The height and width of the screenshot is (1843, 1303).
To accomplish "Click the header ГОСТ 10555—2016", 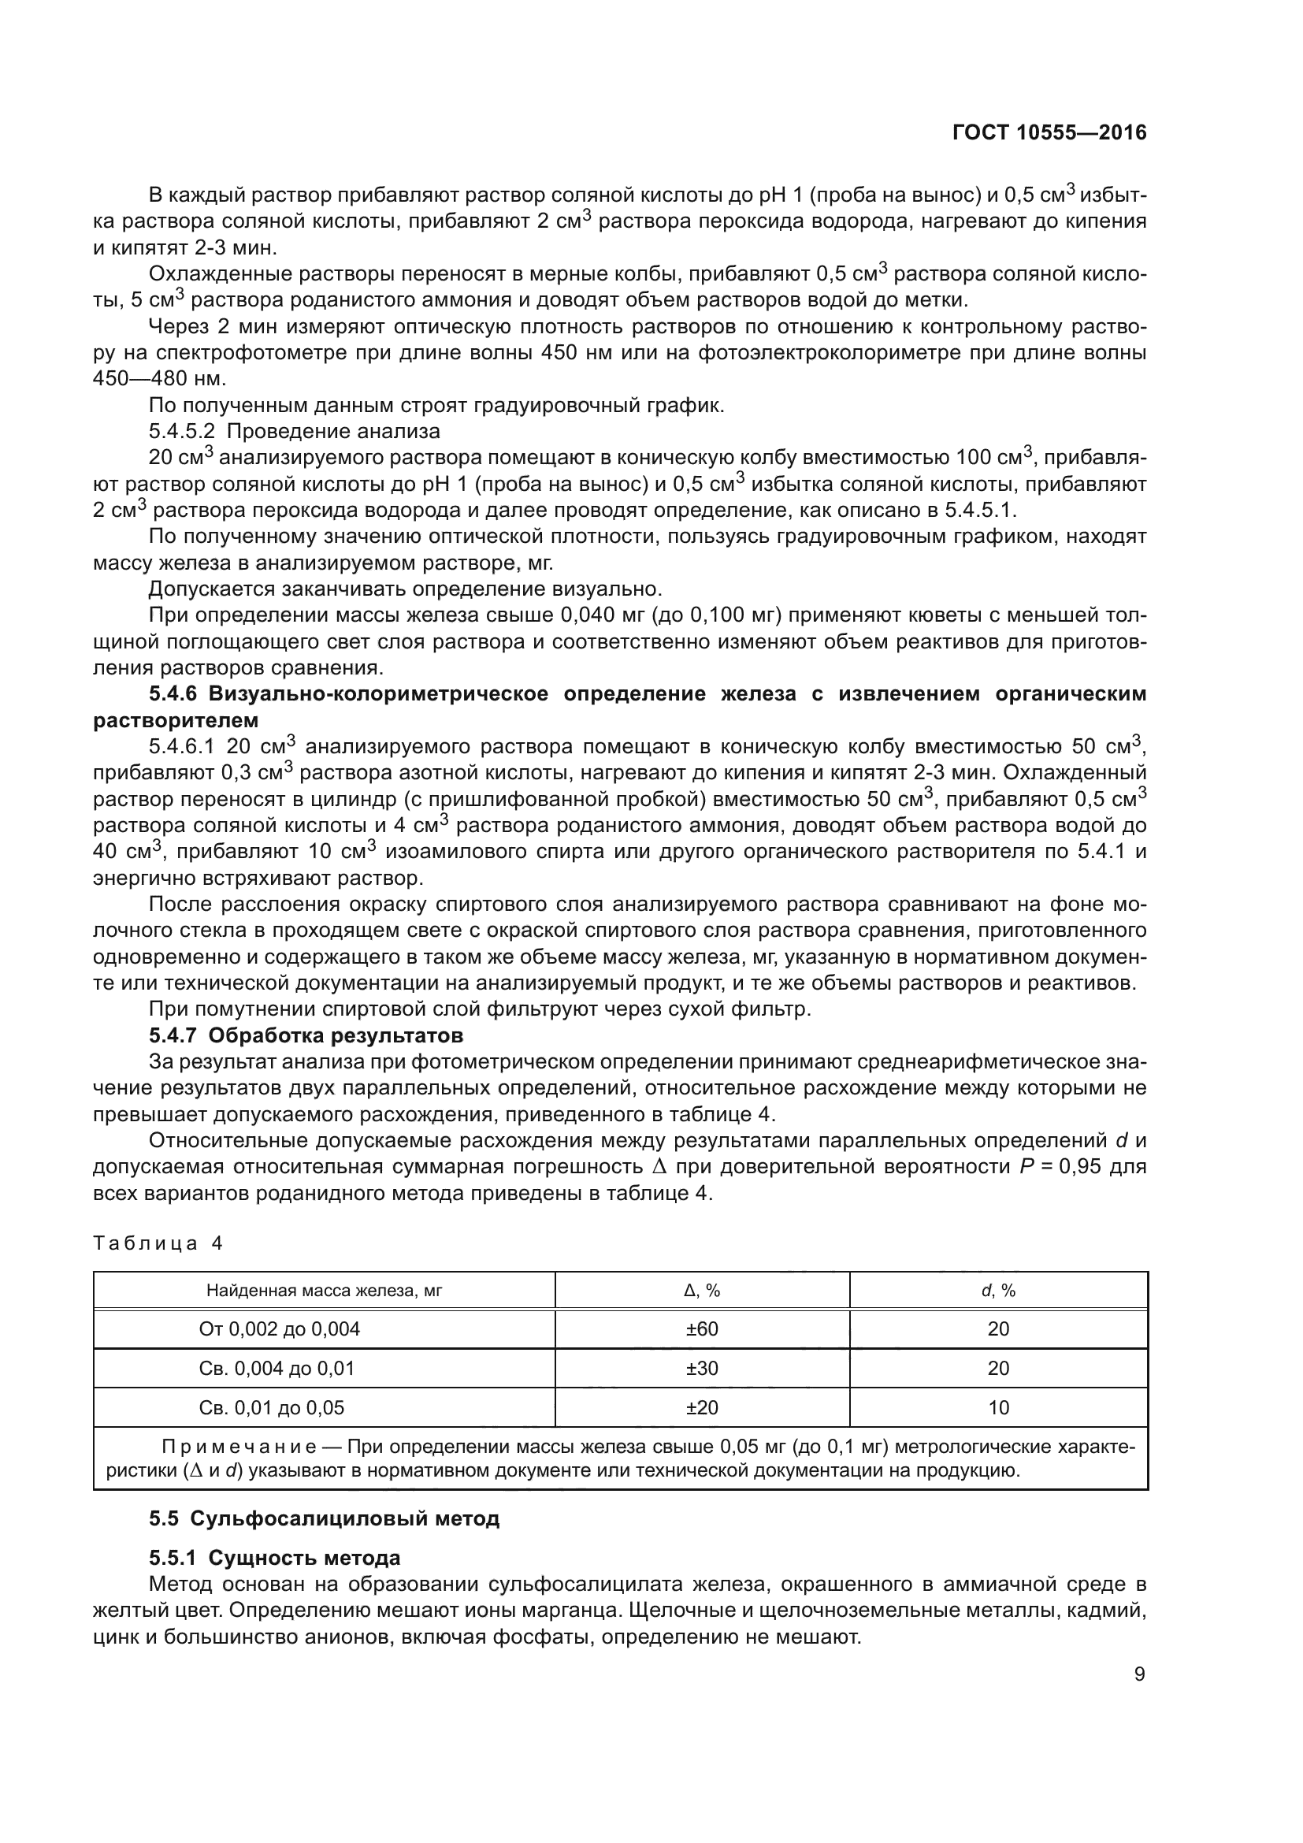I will pyautogui.click(x=1049, y=133).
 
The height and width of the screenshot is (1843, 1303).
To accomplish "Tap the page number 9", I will pyautogui.click(x=1139, y=1674).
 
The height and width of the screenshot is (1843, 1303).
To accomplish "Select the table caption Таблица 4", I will pyautogui.click(x=158, y=1243).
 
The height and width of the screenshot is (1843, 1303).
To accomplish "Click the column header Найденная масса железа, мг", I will pyautogui.click(x=324, y=1291).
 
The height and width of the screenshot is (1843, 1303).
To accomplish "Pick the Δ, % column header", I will pyautogui.click(x=701, y=1291).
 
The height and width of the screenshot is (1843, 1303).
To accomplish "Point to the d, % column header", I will pyautogui.click(x=998, y=1291).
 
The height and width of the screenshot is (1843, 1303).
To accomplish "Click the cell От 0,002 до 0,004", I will pyautogui.click(x=279, y=1329).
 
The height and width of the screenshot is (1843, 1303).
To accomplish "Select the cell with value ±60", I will pyautogui.click(x=701, y=1329).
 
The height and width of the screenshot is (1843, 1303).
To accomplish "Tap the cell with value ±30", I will pyautogui.click(x=701, y=1369).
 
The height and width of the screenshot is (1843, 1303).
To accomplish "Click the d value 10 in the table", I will pyautogui.click(x=998, y=1408).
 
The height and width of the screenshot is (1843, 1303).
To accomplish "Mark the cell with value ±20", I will pyautogui.click(x=701, y=1408).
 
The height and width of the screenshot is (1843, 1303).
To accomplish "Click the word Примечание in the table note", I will pyautogui.click(x=238, y=1447).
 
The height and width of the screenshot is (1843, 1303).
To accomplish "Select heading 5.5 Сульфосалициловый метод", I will pyautogui.click(x=324, y=1518).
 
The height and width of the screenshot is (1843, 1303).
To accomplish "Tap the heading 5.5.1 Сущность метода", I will pyautogui.click(x=274, y=1558).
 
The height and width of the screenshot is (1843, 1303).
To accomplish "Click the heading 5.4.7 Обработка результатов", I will pyautogui.click(x=306, y=1035).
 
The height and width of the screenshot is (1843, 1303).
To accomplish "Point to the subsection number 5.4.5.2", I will pyautogui.click(x=181, y=432).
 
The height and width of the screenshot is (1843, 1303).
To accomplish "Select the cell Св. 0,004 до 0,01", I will pyautogui.click(x=276, y=1369).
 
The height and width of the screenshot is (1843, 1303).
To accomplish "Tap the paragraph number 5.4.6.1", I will pyautogui.click(x=181, y=746).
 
